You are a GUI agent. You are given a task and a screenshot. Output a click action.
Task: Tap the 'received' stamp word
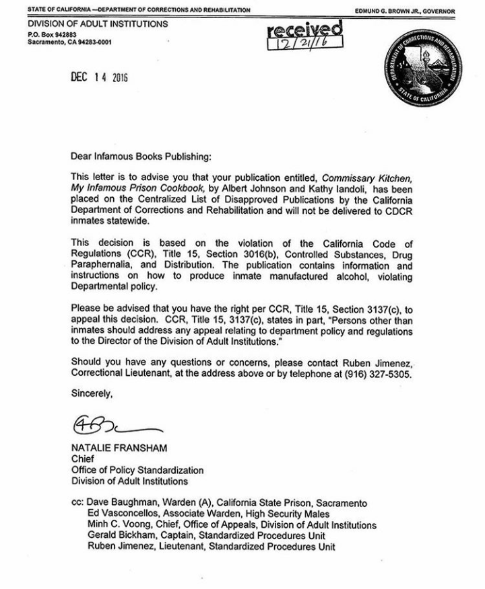click(304, 30)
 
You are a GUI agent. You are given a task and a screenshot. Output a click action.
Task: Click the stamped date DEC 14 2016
click(99, 77)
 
